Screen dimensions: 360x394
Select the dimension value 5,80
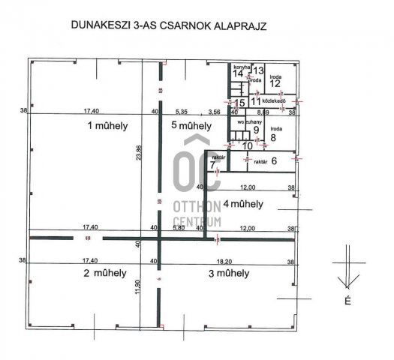pyautogui.click(x=179, y=227)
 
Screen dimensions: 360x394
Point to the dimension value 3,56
pyautogui.click(x=215, y=112)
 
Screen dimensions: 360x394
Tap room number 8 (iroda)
pyautogui.click(x=274, y=136)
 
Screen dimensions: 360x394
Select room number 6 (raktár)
pyautogui.click(x=275, y=160)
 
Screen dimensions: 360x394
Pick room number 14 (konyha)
pyautogui.click(x=239, y=73)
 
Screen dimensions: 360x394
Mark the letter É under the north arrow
pyautogui.click(x=347, y=301)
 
